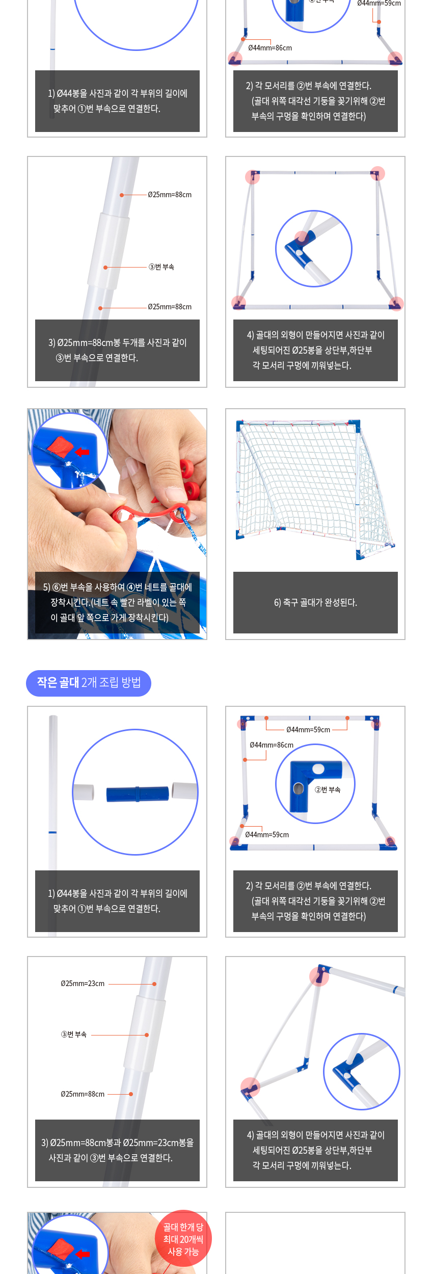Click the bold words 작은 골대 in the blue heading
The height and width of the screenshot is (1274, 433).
click(x=58, y=682)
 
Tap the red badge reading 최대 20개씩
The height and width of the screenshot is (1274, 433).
click(x=183, y=1239)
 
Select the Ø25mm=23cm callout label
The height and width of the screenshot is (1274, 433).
click(x=83, y=984)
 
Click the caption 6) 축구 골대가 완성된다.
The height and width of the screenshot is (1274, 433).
click(x=315, y=602)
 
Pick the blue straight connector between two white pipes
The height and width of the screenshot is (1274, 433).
click(x=138, y=794)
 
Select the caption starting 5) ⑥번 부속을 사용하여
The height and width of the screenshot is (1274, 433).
click(x=117, y=602)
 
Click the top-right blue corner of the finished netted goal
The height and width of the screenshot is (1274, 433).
click(x=355, y=426)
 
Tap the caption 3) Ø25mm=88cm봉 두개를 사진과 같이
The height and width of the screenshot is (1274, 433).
click(x=117, y=350)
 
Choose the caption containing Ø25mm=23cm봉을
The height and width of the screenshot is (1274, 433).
click(x=117, y=1150)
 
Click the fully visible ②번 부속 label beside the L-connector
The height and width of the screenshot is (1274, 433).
click(x=328, y=789)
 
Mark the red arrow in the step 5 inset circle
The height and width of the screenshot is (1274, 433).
click(x=82, y=452)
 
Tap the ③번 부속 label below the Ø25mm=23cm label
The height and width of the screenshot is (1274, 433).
click(x=74, y=1034)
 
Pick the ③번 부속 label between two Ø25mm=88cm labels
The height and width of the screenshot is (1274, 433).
click(x=161, y=267)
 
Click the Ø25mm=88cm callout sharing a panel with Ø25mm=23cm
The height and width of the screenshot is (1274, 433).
click(x=83, y=1094)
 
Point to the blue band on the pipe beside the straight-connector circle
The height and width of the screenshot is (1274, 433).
click(x=52, y=832)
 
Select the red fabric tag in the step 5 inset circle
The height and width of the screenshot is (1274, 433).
click(x=61, y=446)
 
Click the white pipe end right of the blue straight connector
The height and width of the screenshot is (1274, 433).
click(x=184, y=791)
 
